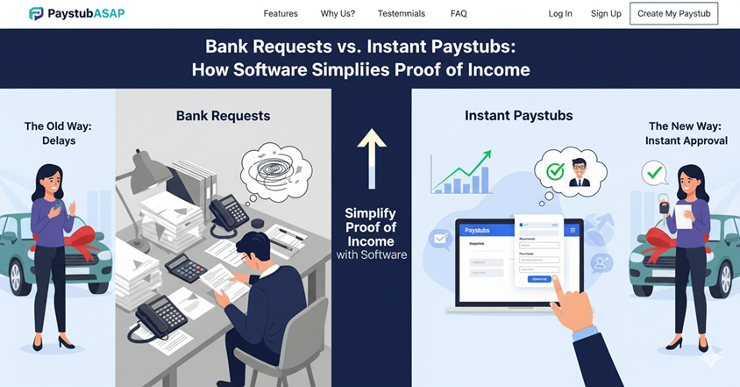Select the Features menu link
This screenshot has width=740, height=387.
[281, 14]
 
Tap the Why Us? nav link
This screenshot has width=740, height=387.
[338, 14]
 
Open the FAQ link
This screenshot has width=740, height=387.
[459, 14]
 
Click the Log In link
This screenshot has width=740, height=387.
[560, 14]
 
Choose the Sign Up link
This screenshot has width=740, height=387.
[606, 14]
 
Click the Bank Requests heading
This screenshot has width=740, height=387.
[223, 116]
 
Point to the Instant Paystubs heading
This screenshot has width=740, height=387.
[518, 116]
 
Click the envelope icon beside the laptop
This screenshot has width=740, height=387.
[439, 238]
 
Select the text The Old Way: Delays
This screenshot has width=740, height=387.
[58, 133]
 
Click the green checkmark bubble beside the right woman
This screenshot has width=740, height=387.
[653, 173]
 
